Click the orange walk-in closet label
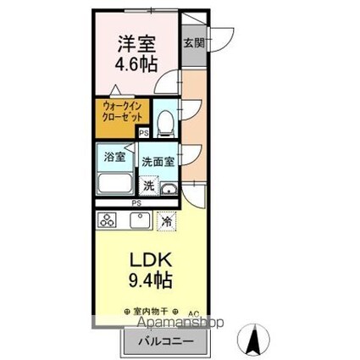click(x=121, y=111)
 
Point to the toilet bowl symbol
click(x=166, y=121)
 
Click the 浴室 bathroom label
click(x=114, y=157)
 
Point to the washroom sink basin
click(x=169, y=188)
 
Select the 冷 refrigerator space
click(x=167, y=220)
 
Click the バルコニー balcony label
click(x=165, y=341)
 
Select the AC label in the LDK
click(x=192, y=311)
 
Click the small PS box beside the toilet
click(x=144, y=132)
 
